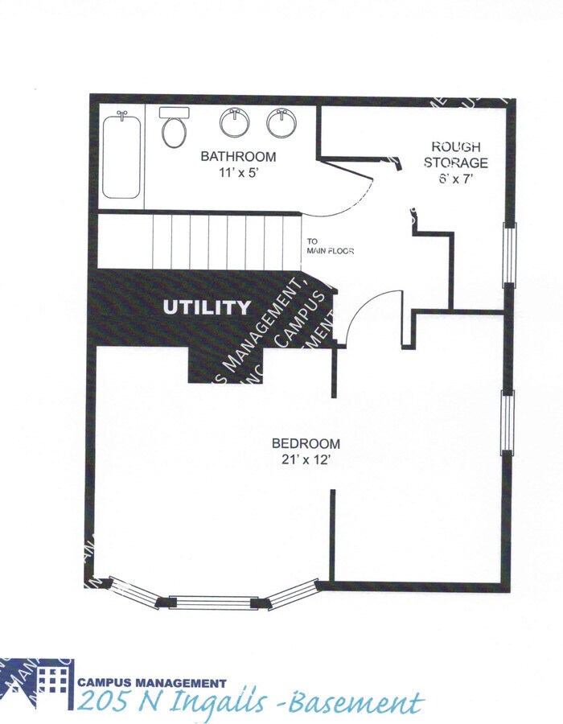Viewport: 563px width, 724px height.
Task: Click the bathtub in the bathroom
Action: [122, 155]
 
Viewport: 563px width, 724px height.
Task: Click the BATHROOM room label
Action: [238, 157]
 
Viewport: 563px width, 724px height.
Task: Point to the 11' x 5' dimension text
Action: [238, 173]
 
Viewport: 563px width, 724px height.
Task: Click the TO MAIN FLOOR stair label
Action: [330, 245]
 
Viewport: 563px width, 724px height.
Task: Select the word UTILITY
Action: [207, 307]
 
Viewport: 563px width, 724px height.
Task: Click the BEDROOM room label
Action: [306, 443]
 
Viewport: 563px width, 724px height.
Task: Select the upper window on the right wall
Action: [508, 254]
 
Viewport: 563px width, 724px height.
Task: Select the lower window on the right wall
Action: [507, 422]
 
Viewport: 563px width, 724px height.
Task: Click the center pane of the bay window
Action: [214, 602]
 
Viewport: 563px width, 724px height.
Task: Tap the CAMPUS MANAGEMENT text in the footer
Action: [152, 682]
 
